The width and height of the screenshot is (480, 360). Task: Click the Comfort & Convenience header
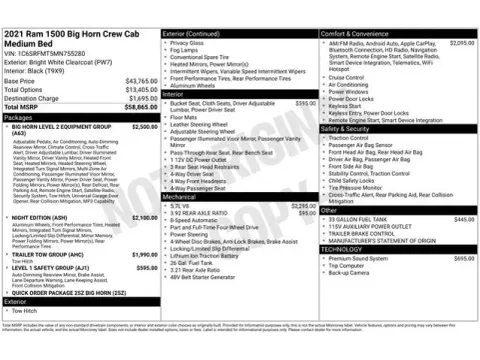(357, 6)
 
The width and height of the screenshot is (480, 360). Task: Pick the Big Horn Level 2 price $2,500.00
(144, 127)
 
